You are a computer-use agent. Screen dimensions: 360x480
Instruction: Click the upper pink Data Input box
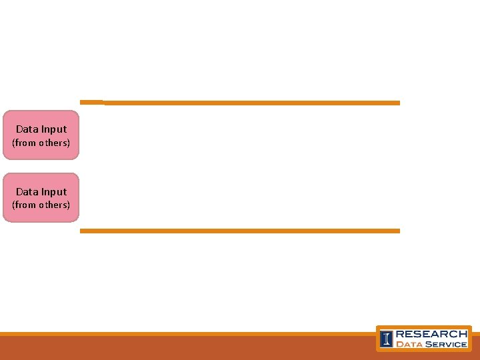41,135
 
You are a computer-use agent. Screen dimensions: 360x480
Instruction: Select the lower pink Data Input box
41,197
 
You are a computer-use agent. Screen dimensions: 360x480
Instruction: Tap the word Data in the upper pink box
27,129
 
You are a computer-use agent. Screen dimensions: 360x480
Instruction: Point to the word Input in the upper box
53,129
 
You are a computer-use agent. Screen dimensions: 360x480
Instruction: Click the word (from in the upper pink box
23,143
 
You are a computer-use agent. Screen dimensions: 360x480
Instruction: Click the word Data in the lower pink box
27,192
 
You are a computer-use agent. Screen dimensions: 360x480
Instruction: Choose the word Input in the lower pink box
53,192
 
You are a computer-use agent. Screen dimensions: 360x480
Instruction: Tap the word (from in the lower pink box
23,205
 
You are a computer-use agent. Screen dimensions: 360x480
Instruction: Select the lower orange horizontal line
240,231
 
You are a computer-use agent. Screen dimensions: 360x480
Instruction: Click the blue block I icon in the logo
386,339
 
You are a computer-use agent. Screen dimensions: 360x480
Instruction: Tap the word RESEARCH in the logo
431,333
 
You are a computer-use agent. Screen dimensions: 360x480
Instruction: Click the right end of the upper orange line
397,103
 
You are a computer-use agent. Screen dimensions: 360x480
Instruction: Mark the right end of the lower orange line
397,231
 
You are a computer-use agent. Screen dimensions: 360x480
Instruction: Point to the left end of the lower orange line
83,231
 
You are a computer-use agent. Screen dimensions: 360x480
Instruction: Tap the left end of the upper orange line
83,102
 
